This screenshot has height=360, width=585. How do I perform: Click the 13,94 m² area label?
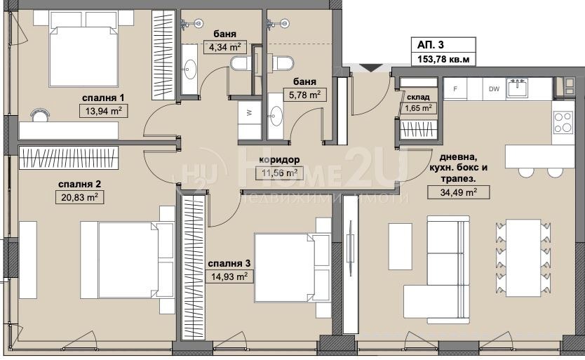[x=104, y=111]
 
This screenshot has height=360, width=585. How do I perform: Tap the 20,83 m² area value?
[x=79, y=197]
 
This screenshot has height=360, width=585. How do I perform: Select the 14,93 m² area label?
[x=229, y=276]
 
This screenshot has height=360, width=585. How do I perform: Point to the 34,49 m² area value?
[x=459, y=192]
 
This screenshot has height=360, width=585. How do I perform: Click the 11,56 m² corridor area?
[x=280, y=173]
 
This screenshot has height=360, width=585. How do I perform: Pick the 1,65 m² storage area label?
[x=418, y=108]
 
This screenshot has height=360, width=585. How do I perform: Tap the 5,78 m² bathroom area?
[x=305, y=95]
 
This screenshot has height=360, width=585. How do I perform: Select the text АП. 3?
[x=431, y=45]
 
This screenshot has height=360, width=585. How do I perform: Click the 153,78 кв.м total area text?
[x=443, y=59]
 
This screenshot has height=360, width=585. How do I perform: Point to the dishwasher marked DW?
[x=494, y=89]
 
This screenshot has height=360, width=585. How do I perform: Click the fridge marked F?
[x=455, y=89]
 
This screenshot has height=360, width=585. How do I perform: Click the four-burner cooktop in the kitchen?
[x=563, y=122]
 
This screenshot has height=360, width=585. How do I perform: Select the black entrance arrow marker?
[x=370, y=68]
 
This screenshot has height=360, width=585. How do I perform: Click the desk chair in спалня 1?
[x=39, y=114]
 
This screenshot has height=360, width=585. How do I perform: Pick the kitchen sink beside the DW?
[x=517, y=88]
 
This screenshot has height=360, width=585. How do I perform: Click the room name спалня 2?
[x=79, y=184]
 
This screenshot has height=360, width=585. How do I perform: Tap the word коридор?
[x=279, y=160]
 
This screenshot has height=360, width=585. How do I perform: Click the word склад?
[x=418, y=97]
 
